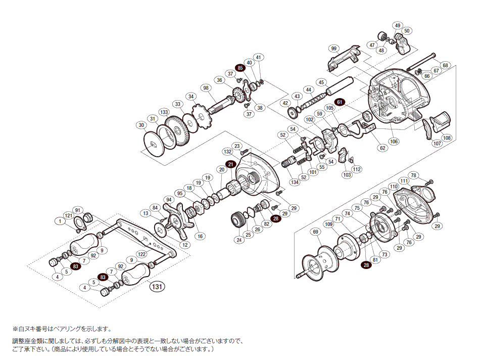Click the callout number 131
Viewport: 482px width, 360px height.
coord(157,287)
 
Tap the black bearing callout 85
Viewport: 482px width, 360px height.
coord(240,68)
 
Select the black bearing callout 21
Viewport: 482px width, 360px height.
coord(230,164)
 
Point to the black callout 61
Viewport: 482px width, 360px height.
coord(340,102)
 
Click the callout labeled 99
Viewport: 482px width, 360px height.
coord(333,49)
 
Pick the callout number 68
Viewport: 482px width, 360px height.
coord(445,65)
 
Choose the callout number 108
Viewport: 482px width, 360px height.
coord(446,138)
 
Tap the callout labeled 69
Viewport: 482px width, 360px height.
coord(316,232)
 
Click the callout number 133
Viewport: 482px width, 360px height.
coord(164,112)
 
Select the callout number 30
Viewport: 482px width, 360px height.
coord(141,125)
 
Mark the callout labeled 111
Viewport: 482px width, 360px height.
coord(404,181)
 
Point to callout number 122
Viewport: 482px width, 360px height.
coord(142,254)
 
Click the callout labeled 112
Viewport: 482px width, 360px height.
coord(357,169)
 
